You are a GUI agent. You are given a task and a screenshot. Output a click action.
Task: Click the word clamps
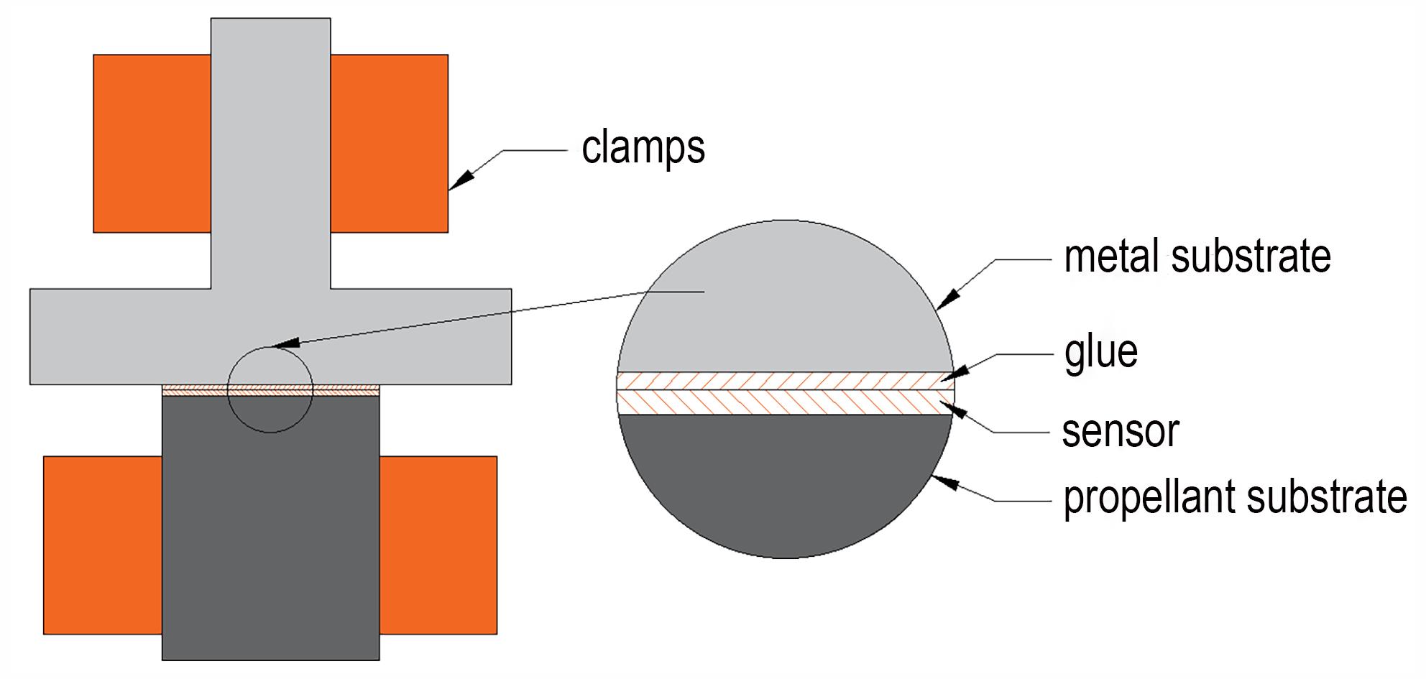(x=643, y=149)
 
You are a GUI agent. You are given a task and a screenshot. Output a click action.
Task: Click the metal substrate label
(x=1197, y=257)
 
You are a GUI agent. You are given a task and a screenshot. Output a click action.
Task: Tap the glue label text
(x=1100, y=352)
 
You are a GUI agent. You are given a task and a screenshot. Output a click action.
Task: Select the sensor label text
(x=1121, y=431)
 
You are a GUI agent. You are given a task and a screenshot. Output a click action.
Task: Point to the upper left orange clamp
(x=152, y=143)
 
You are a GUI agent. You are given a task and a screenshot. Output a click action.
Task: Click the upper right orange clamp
(x=389, y=143)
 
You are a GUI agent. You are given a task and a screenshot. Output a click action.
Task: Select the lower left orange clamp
(x=103, y=545)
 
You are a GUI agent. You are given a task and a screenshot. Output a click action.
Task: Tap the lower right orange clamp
(x=438, y=545)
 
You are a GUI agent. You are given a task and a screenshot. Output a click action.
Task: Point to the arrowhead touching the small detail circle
(x=286, y=344)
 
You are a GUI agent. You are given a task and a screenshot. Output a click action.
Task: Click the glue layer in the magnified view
(x=786, y=381)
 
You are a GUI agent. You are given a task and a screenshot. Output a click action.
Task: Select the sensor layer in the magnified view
(x=786, y=402)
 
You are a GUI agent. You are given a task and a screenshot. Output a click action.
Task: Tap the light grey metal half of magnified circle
(x=786, y=302)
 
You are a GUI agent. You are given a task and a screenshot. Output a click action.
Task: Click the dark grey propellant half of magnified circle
(x=786, y=481)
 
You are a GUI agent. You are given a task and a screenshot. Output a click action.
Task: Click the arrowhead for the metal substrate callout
(x=948, y=299)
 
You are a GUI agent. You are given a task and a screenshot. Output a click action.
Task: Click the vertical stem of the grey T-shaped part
(x=271, y=153)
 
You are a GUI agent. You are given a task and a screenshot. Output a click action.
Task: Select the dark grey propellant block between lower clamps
(x=271, y=528)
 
